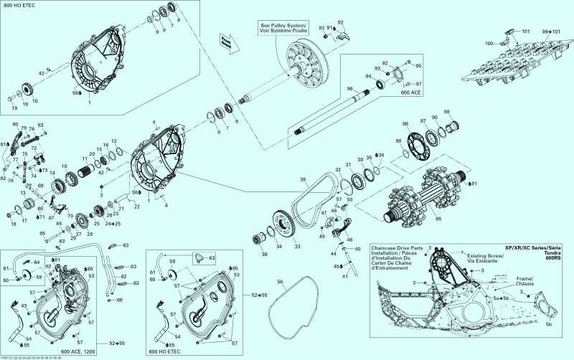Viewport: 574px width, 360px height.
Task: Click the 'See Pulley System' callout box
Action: (285, 27)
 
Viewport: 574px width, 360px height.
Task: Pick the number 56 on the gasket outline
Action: (280, 282)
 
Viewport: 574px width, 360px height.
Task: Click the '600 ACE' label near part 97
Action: (410, 93)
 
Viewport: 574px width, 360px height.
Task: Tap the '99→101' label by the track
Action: (551, 32)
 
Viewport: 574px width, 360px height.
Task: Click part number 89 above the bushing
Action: (446, 113)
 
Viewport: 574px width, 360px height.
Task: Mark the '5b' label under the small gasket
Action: (550, 324)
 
